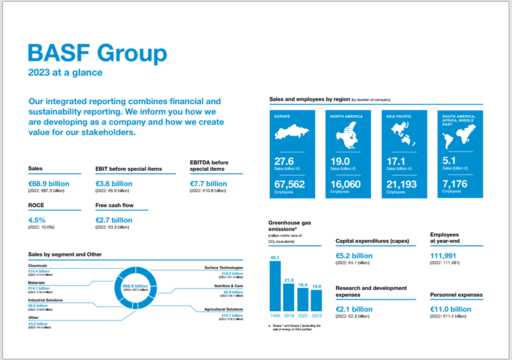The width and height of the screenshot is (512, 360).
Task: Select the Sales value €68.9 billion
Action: pyautogui.click(x=49, y=184)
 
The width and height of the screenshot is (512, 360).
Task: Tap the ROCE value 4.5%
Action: pyautogui.click(x=37, y=220)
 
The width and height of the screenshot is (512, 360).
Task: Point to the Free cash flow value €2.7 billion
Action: pyautogui.click(x=114, y=220)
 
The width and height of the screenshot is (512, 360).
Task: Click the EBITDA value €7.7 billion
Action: pyautogui.click(x=209, y=184)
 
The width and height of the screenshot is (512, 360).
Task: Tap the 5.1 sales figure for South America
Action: pyautogui.click(x=449, y=161)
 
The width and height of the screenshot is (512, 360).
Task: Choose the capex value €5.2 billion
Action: pyautogui.click(x=354, y=256)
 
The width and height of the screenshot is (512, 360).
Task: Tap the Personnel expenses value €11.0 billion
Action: pyautogui.click(x=450, y=309)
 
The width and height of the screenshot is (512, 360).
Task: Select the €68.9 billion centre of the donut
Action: pyautogui.click(x=131, y=286)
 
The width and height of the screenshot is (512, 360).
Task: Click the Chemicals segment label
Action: pyautogui.click(x=38, y=266)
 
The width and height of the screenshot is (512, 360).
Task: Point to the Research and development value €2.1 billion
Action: pyautogui.click(x=354, y=309)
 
